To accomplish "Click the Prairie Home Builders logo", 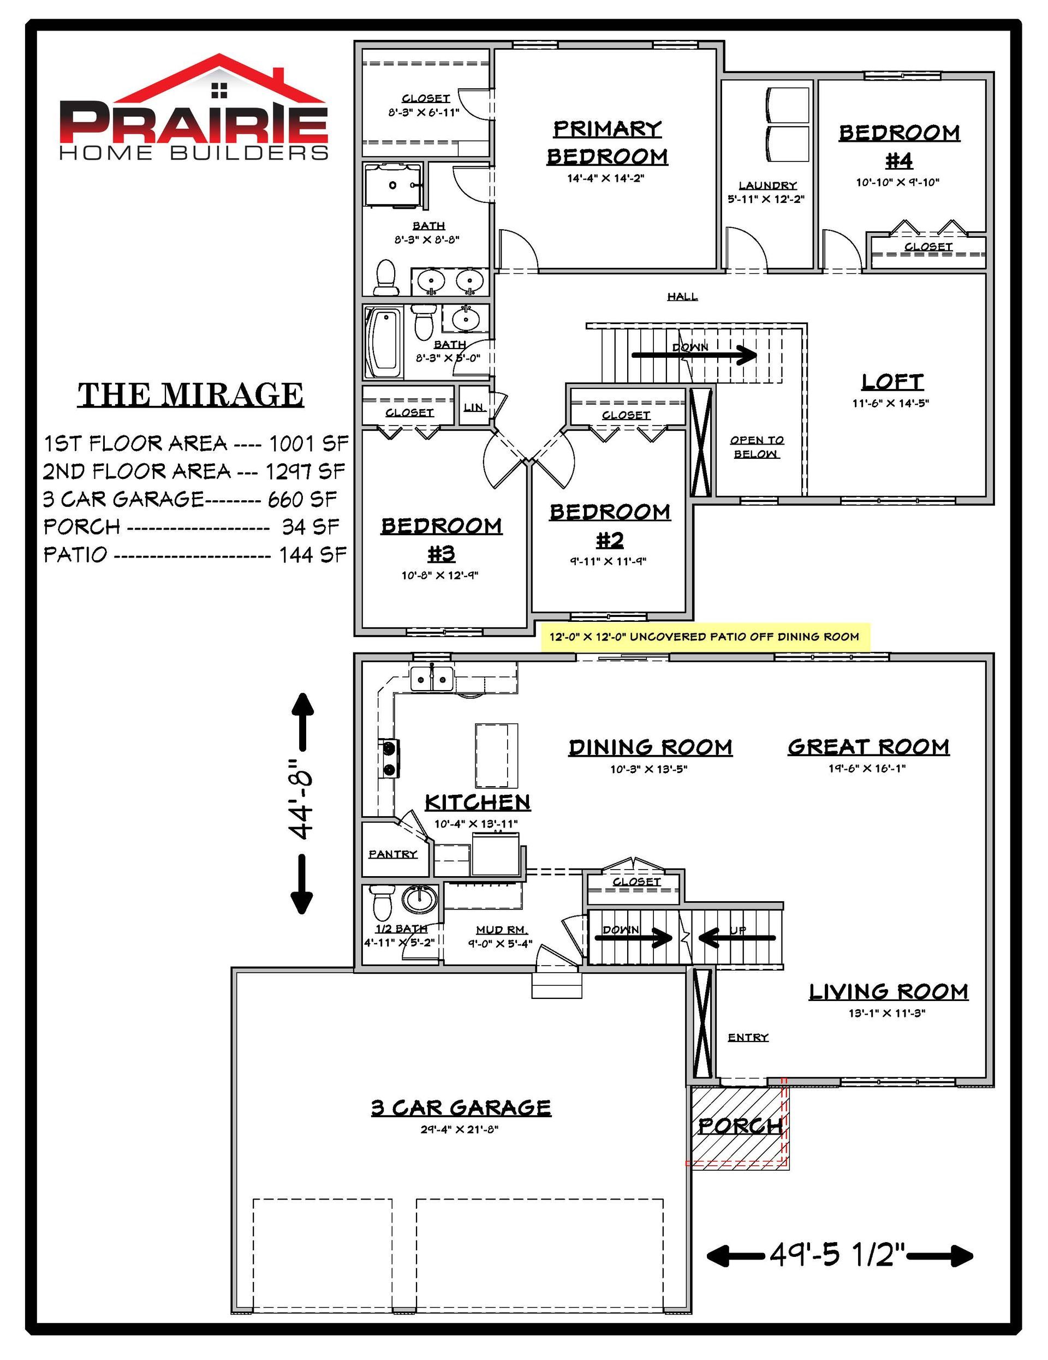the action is pyautogui.click(x=194, y=107).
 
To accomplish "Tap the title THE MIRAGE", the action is pyautogui.click(x=190, y=395).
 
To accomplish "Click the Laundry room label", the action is pyautogui.click(x=767, y=185).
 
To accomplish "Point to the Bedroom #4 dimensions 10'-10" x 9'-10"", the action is pyautogui.click(x=897, y=182).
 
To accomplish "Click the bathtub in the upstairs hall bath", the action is pyautogui.click(x=384, y=342).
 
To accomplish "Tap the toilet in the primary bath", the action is pyautogui.click(x=386, y=277).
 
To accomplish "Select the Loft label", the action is pyautogui.click(x=892, y=382).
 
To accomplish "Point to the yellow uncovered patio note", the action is pyautogui.click(x=705, y=637).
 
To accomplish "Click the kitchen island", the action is pyautogui.click(x=497, y=756).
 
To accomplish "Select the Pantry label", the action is pyautogui.click(x=392, y=854).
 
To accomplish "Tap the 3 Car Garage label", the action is pyautogui.click(x=461, y=1108).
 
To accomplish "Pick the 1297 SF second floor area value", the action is pyautogui.click(x=305, y=471).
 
